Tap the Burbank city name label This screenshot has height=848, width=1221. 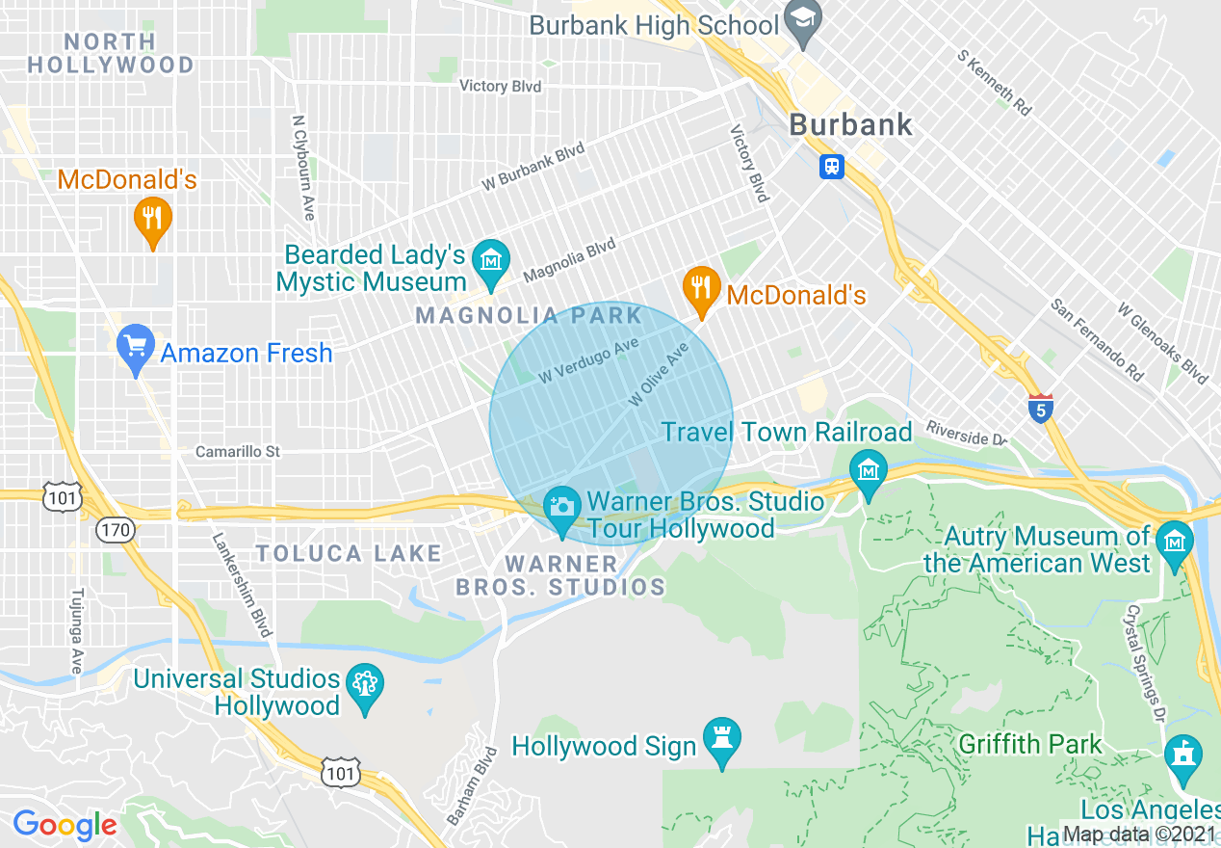pos(850,124)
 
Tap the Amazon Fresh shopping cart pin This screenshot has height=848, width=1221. pos(136,347)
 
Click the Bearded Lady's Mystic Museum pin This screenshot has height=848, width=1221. pos(492,262)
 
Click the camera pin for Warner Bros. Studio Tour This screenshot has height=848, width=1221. pos(562,509)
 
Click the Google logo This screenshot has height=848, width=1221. pos(65,826)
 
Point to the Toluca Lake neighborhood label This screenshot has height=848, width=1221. pos(349,553)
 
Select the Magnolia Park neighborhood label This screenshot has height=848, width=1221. pos(529,315)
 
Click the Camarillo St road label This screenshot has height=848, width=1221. pos(237,451)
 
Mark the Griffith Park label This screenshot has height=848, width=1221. pos(1030,745)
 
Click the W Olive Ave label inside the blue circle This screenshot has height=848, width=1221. pos(660,374)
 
